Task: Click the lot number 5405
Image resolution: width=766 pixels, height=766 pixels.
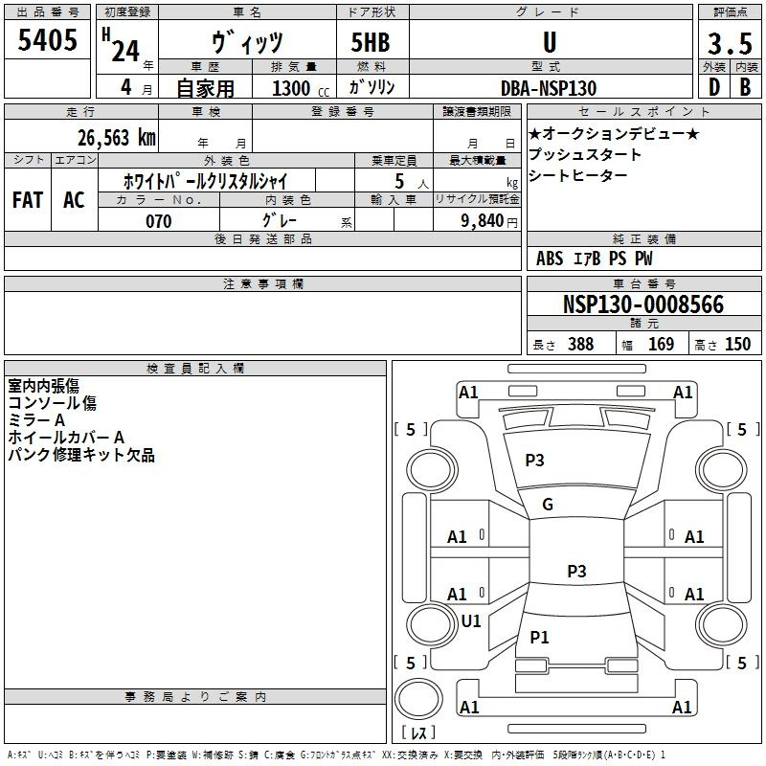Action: [x=47, y=40]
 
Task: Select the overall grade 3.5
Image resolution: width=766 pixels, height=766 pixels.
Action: [x=730, y=43]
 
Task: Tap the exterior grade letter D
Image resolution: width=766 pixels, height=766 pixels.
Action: [x=714, y=87]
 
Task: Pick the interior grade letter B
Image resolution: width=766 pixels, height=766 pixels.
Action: [x=745, y=87]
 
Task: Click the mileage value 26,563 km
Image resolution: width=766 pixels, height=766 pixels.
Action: [x=117, y=138]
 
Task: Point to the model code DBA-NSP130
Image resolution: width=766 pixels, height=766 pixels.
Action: [x=549, y=88]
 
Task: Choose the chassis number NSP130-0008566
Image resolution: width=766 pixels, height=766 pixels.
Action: [x=643, y=304]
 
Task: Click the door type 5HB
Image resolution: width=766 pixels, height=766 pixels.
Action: [x=371, y=42]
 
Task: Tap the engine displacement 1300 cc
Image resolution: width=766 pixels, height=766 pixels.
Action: [x=301, y=88]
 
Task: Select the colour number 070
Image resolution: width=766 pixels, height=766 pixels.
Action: [x=159, y=221]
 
